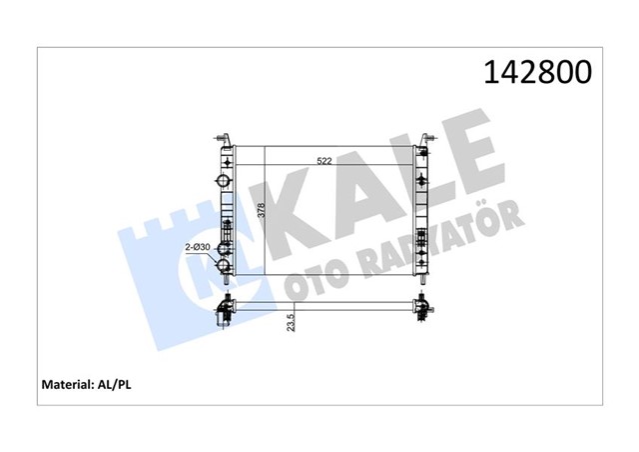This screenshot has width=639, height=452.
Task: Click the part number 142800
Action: click(x=537, y=72)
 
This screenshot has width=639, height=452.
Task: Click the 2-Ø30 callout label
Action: click(x=198, y=247)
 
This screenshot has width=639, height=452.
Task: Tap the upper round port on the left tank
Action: click(x=222, y=182)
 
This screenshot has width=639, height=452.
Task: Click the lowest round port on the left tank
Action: click(x=223, y=267)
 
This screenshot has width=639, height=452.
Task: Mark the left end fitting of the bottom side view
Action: click(x=225, y=311)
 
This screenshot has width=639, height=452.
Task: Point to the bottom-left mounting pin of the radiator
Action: click(x=227, y=283)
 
